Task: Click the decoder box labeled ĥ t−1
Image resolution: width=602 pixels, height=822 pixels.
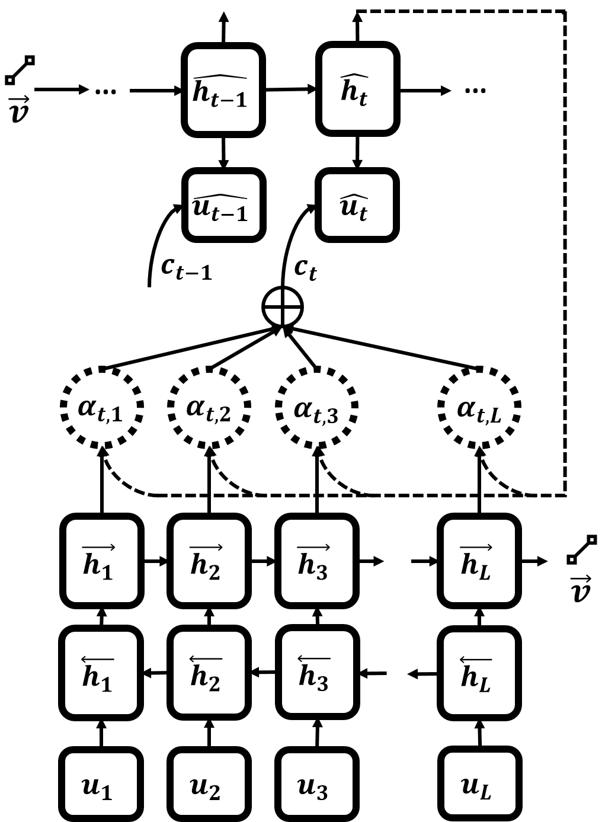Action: pos(223,90)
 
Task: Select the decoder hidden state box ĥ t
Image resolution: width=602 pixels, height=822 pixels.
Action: pos(358,89)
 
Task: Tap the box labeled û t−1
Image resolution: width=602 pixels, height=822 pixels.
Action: pos(224,205)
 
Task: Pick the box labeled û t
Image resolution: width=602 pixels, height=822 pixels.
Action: pos(357,205)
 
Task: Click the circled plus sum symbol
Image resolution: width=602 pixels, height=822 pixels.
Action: pos(283,307)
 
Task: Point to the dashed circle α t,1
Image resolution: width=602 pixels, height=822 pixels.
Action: pos(102,408)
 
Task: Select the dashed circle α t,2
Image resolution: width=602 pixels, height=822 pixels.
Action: pos(209,408)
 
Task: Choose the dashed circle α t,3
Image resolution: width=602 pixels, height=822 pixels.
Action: pos(317,408)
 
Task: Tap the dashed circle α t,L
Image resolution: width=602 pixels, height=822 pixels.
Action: pos(479,408)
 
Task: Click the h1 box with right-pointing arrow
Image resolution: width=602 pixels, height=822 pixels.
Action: pos(102,561)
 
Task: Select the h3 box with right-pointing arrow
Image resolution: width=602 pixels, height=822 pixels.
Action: pos(317,561)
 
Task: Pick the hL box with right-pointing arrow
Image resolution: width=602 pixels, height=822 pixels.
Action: pos(479,561)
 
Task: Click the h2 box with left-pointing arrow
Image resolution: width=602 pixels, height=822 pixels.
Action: pos(209,673)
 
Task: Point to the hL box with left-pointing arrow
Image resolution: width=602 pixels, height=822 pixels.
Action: pos(479,673)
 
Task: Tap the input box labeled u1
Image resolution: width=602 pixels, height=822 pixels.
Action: pos(101,783)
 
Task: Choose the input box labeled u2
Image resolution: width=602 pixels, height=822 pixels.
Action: pos(209,783)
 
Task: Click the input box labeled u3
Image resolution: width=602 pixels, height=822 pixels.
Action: pos(317,783)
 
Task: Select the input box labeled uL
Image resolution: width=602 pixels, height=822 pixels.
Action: pos(480,783)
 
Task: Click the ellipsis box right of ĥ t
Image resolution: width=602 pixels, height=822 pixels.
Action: pos(480,89)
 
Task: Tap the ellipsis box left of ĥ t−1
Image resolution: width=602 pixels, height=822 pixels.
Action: pos(110,91)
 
